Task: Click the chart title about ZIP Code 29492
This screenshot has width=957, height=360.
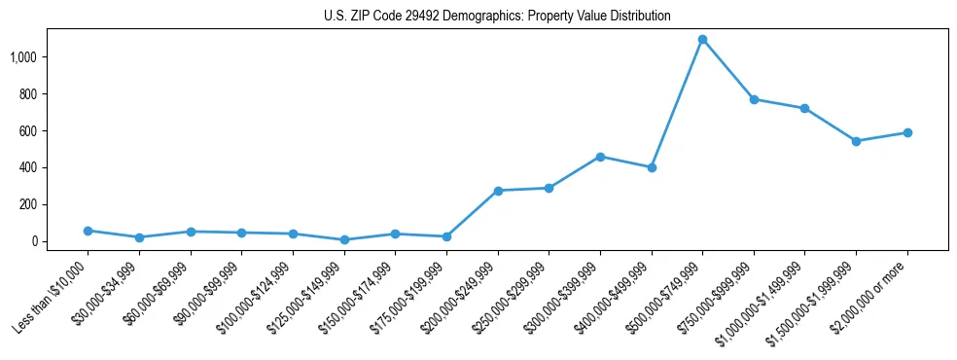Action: point(497,17)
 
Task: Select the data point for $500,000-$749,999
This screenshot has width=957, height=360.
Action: point(702,40)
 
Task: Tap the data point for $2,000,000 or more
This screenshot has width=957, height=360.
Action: point(907,132)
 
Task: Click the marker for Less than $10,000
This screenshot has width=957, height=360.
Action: point(89,231)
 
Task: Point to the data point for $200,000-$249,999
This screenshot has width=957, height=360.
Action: point(498,191)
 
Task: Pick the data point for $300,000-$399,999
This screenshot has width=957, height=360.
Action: point(600,157)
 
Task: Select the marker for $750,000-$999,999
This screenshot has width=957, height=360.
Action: point(754,99)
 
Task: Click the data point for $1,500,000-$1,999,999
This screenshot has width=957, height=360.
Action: point(856,141)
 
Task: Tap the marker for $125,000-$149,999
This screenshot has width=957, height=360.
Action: point(344,239)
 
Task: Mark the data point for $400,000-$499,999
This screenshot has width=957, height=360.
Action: point(652,167)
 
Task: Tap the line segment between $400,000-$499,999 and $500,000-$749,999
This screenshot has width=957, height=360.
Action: point(677,104)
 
